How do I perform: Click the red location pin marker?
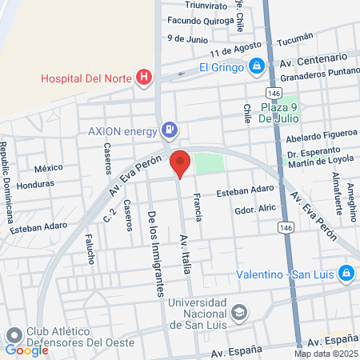[x=180, y=162]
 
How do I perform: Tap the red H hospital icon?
[x=144, y=77]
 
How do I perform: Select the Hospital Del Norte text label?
[x=89, y=78]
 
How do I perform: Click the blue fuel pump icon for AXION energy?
[x=170, y=129]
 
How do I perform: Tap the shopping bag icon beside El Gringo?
[x=256, y=66]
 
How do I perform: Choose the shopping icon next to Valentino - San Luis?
[x=346, y=274]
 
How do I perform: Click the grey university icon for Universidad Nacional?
[x=238, y=312]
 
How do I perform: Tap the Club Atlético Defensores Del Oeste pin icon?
[x=14, y=334]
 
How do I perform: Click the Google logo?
[x=26, y=350]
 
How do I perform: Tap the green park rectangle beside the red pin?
[x=209, y=162]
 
